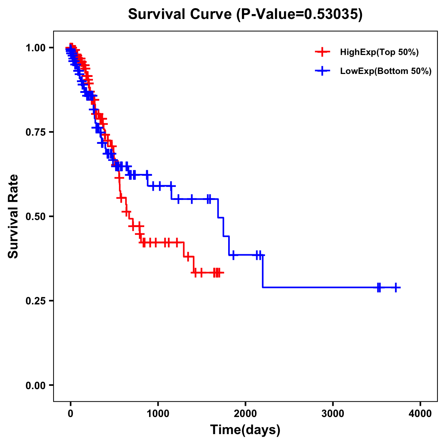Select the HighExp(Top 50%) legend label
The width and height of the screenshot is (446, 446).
pos(379,52)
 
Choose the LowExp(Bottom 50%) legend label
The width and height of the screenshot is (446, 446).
pos(386,71)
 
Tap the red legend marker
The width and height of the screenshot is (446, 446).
pos(322,52)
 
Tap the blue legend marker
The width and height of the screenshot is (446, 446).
pos(322,71)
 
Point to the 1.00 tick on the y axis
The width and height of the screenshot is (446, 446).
pos(35,48)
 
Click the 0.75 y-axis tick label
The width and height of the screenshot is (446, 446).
pos(35,132)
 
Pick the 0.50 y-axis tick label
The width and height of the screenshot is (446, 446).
pos(35,216)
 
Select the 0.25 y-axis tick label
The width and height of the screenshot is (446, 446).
pos(35,301)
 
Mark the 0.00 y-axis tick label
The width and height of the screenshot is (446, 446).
pos(35,385)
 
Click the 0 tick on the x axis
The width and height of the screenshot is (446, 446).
pos(71,413)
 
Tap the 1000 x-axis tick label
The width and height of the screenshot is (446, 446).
pos(158,413)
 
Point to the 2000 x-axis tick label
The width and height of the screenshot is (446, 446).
pos(245,413)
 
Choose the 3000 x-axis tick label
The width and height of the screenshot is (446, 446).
pos(333,413)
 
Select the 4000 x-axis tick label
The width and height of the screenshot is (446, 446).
pos(420,413)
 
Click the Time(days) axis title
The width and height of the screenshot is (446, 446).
pos(245,430)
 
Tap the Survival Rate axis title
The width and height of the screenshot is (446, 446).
pos(13,216)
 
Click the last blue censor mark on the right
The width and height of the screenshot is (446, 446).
pos(396,287)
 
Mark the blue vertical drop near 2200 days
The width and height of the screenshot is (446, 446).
pos(263,271)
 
